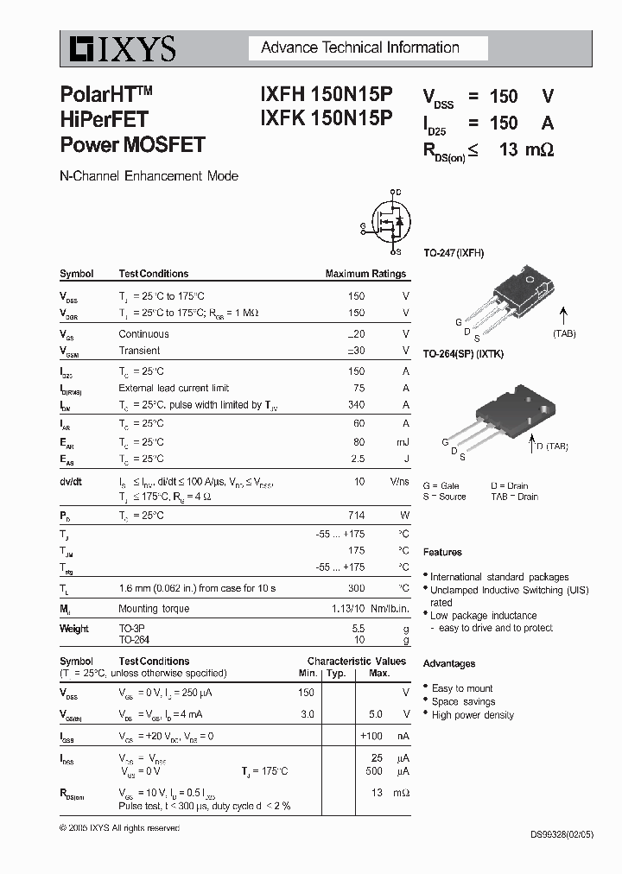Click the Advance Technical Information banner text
tap(359, 47)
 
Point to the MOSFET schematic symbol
tap(389, 223)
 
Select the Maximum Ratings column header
tap(365, 274)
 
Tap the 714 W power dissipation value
tap(356, 516)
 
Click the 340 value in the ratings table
tap(356, 405)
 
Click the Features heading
tap(442, 553)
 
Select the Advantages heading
tap(449, 664)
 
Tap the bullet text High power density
tap(473, 715)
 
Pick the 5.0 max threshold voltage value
tap(375, 715)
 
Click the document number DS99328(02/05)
tap(562, 835)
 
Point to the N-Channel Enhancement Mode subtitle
tap(149, 176)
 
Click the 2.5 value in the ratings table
tap(356, 459)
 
